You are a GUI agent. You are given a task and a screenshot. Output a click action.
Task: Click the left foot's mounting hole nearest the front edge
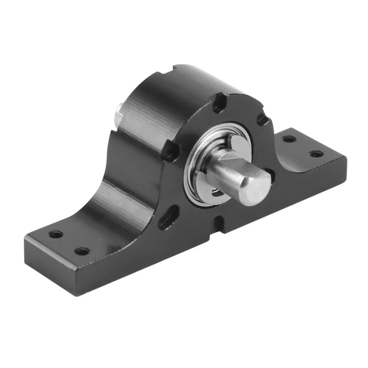82,251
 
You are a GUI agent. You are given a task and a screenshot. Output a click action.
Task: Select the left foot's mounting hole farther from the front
55,234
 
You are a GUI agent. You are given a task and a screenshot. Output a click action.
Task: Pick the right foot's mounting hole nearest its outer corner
316,154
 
